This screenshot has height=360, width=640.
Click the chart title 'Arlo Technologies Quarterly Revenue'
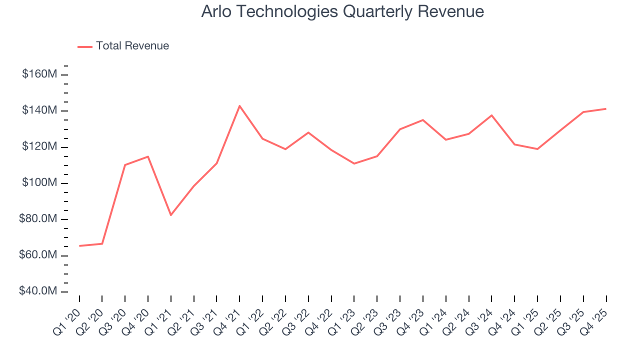[342, 11]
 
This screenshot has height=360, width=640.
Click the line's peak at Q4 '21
[239, 106]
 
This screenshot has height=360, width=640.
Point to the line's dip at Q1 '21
[171, 215]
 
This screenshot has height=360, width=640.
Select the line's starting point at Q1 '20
[79, 246]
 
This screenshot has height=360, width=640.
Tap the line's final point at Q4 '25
[606, 108]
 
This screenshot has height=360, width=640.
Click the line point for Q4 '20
[148, 156]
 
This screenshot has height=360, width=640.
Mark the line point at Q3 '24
[491, 115]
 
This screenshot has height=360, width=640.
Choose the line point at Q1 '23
[354, 163]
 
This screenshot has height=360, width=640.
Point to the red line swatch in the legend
[85, 46]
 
